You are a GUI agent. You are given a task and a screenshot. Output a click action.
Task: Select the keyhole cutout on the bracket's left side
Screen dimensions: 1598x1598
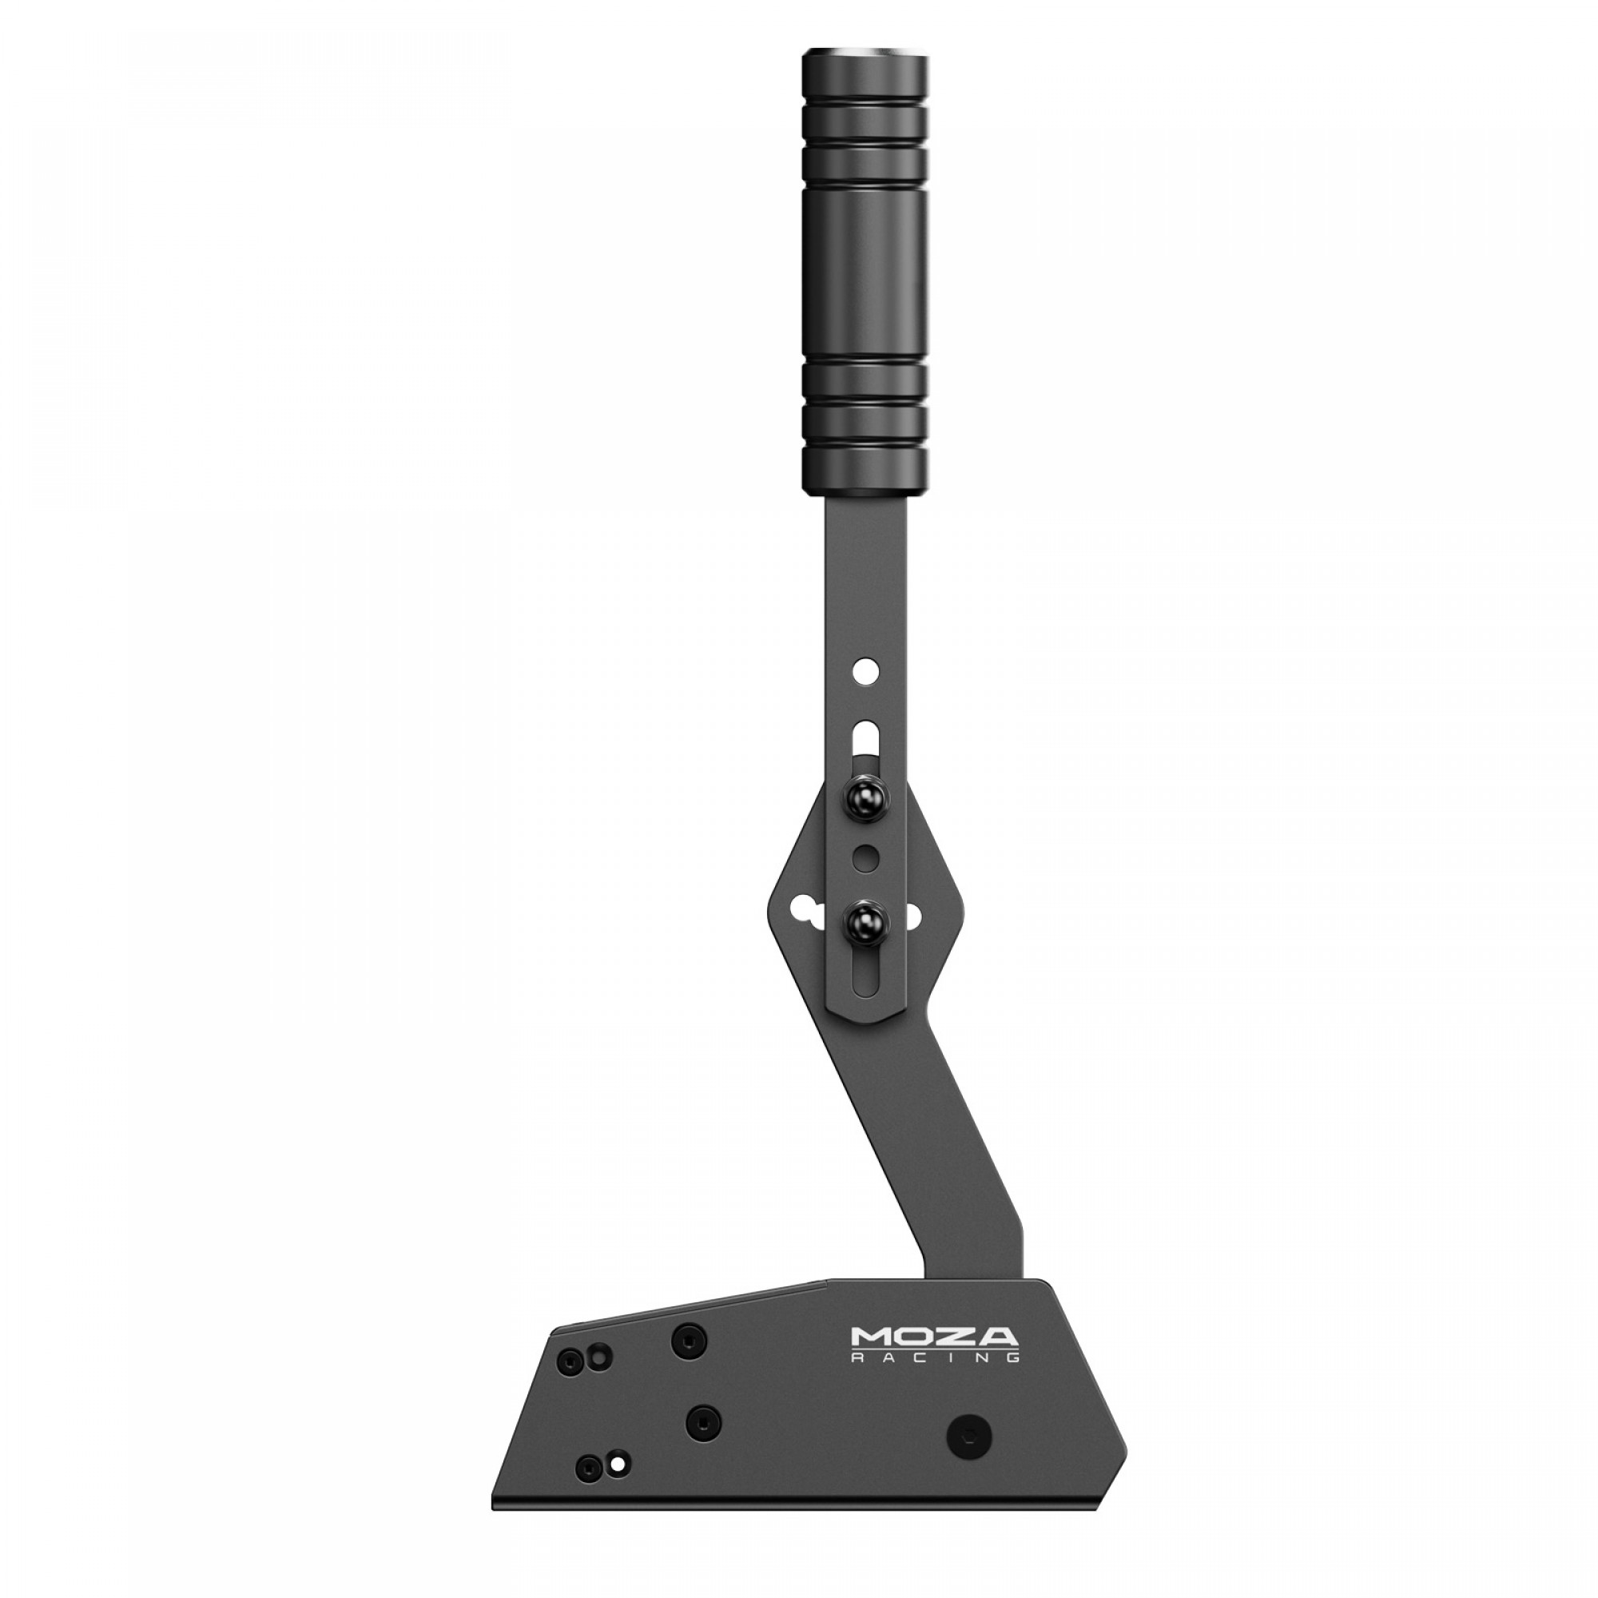802,912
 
